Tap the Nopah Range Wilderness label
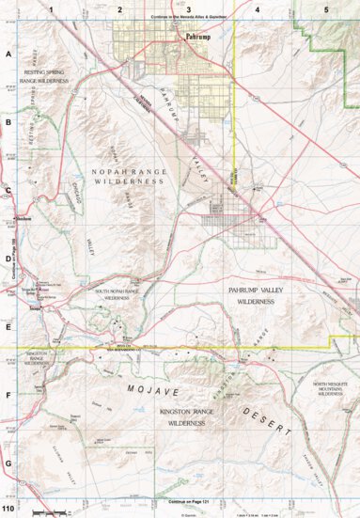point(128,175)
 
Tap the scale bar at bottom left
point(48,510)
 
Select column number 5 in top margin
point(325,8)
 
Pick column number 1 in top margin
point(52,8)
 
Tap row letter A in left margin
point(8,55)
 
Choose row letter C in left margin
point(8,191)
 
